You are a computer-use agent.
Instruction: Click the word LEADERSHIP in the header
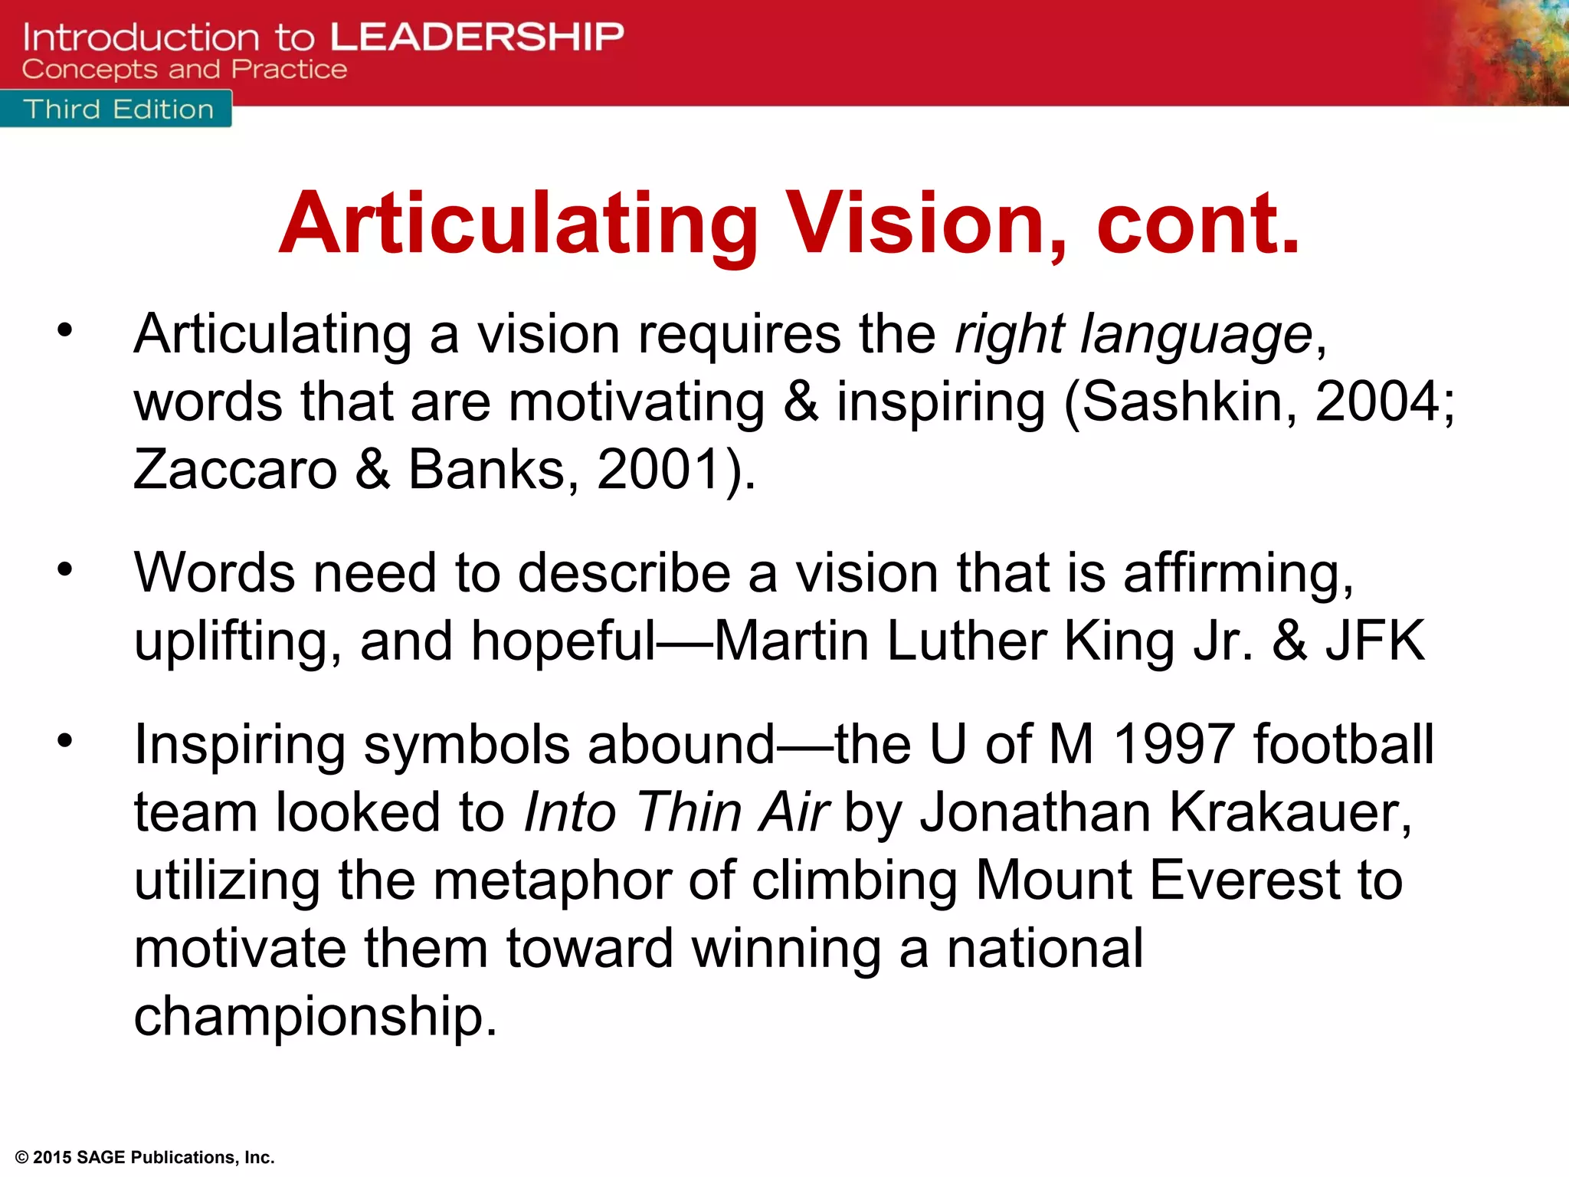click(x=477, y=37)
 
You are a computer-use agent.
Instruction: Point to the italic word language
click(x=1197, y=336)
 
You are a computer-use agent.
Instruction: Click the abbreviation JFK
click(x=1376, y=641)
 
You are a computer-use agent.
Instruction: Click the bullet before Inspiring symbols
click(x=65, y=741)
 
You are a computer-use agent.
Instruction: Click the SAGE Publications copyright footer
click(x=145, y=1157)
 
